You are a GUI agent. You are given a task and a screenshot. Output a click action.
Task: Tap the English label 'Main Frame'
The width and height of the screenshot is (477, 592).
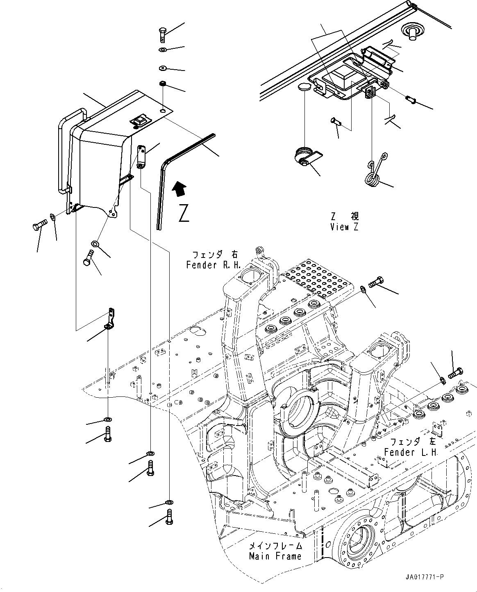[x=275, y=556]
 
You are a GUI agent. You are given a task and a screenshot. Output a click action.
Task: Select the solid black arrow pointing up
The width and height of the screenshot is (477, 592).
[x=179, y=190]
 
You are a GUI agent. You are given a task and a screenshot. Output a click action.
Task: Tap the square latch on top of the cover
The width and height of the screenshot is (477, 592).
[x=139, y=121]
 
